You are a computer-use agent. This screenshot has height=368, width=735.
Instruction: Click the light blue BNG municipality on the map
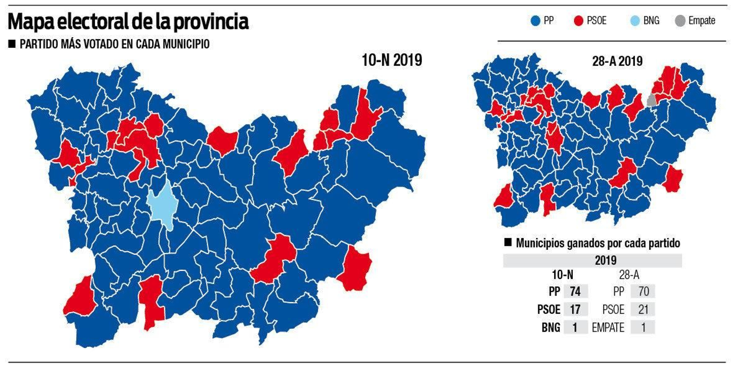pos(163,205)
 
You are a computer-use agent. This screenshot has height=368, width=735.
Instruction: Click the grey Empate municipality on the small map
pos(651,101)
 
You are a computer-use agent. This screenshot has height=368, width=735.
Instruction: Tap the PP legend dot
pos(535,21)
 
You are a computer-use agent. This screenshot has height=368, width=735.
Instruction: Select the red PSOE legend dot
pos(578,21)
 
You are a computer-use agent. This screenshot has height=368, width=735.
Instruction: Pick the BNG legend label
pos(651,21)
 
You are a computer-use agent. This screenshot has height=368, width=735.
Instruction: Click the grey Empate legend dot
pos(680,21)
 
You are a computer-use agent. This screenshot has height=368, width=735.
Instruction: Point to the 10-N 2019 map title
pos(391,60)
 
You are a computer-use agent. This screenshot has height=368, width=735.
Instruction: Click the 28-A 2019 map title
pos(617,61)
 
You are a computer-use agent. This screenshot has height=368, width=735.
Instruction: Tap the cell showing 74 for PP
pos(575,291)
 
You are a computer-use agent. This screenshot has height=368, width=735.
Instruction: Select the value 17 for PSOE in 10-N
pos(575,309)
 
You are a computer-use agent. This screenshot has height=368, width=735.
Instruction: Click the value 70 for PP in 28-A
pos(643,291)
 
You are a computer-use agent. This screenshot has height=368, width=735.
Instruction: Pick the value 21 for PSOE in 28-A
pos(643,309)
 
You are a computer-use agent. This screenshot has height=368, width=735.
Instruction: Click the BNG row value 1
pos(575,328)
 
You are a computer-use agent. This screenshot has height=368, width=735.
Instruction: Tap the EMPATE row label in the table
pos(608,328)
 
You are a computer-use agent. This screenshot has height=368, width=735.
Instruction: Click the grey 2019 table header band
pos(593,260)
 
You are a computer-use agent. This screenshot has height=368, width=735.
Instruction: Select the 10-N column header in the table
pos(562,275)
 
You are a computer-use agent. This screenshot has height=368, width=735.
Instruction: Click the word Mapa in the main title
pos(32,22)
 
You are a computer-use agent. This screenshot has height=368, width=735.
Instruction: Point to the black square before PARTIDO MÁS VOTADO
pos(12,44)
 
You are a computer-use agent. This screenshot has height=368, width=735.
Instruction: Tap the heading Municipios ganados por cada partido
pos(597,243)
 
